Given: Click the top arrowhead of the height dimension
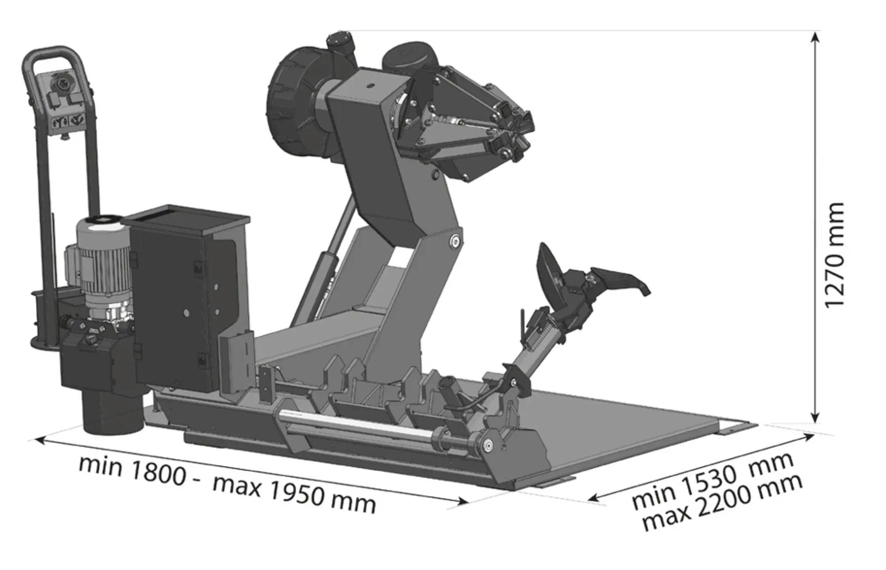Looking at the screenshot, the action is click(815, 37).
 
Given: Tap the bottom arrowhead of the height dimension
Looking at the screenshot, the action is click(815, 417).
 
